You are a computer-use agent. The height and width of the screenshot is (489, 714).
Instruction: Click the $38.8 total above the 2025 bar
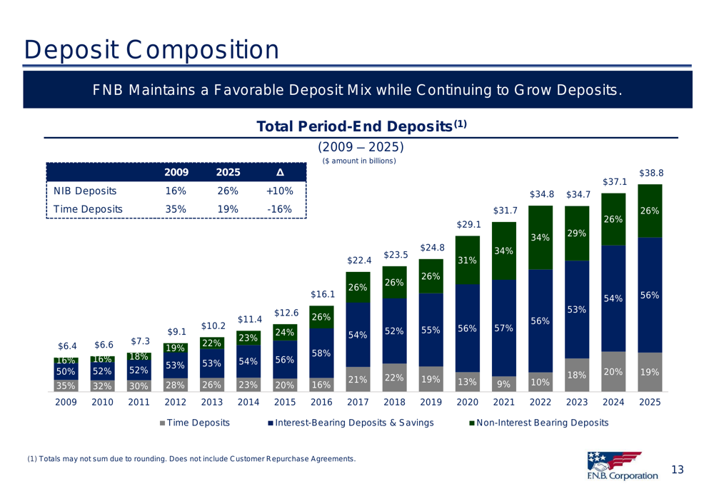(651, 173)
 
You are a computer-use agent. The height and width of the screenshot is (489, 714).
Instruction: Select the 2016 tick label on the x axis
(321, 403)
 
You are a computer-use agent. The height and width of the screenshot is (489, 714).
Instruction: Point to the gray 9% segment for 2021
(504, 384)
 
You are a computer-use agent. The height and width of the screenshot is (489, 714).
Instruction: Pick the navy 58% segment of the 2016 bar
(321, 353)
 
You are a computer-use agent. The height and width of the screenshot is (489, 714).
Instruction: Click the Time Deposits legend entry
(194, 423)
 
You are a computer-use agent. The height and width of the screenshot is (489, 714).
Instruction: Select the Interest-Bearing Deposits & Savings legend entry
(351, 423)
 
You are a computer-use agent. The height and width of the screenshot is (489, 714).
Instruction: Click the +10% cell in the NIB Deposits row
(280, 191)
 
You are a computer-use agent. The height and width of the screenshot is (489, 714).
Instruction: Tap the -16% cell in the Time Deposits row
(280, 210)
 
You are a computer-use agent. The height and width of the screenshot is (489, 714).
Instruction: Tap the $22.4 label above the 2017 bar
(359, 261)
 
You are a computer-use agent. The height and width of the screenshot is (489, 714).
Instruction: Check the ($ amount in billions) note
(359, 161)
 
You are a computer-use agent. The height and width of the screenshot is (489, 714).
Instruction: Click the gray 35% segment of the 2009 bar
(66, 386)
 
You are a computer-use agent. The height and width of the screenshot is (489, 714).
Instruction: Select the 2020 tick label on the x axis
(468, 403)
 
